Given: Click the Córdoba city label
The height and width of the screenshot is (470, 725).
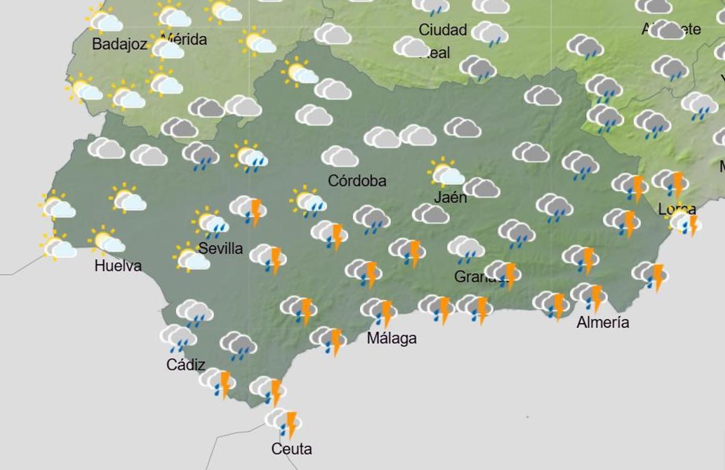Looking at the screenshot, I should [357, 181].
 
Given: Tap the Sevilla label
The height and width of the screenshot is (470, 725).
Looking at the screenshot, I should [221, 248].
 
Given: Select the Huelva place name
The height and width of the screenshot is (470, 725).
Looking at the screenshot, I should [118, 266].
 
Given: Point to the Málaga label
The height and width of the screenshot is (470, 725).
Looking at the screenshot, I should [391, 338].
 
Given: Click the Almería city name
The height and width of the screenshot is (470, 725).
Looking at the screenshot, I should [602, 323].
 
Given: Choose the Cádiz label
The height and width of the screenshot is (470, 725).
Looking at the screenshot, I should [185, 365].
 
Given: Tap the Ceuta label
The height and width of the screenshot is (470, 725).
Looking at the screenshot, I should [292, 449].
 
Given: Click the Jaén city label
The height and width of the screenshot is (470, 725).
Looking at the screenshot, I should [450, 197].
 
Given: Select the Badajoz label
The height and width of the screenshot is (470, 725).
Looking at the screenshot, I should [120, 44].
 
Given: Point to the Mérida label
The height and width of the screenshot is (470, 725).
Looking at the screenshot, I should [184, 40].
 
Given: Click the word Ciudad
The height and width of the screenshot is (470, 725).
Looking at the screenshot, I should [443, 30].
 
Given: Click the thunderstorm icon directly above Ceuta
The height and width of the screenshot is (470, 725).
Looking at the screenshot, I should [283, 422].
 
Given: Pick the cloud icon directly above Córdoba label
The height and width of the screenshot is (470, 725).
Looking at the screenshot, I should [340, 156].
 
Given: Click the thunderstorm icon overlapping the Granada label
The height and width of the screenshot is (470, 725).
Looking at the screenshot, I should [503, 273].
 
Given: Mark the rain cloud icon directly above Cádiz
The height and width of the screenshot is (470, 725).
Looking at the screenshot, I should [178, 337].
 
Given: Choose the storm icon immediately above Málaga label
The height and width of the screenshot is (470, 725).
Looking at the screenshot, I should [379, 311].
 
